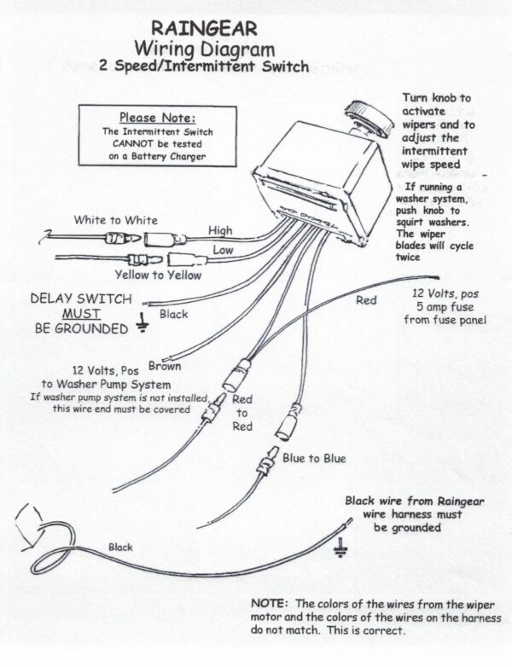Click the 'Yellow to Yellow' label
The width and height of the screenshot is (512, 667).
pos(158,275)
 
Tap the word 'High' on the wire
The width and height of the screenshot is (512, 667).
pos(220,230)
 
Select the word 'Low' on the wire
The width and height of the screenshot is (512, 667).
pos(222,250)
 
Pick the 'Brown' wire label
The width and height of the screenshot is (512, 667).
pos(164,366)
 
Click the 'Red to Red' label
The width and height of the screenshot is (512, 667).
pos(242,413)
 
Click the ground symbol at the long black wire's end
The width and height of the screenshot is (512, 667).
pos(342,546)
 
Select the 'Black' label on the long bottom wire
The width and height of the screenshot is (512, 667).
pos(120,547)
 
